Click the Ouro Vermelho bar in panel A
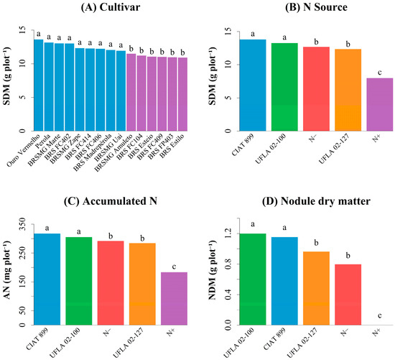(x=39, y=86)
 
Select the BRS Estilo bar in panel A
(x=182, y=94)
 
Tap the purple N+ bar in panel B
(x=380, y=105)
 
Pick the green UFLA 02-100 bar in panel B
(x=284, y=87)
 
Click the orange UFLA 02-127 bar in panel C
(x=142, y=284)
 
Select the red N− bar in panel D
(x=348, y=295)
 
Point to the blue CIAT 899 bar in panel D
(x=284, y=281)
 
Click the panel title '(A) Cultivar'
(x=111, y=7)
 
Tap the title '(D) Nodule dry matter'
(x=316, y=201)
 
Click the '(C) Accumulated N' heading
(x=111, y=201)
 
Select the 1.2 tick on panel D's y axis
(x=228, y=234)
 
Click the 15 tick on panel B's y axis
(x=228, y=32)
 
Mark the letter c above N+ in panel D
(x=380, y=315)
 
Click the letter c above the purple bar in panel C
(x=174, y=267)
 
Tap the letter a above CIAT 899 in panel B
(x=253, y=34)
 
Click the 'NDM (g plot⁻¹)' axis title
(x=213, y=270)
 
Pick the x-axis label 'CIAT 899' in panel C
(x=37, y=338)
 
